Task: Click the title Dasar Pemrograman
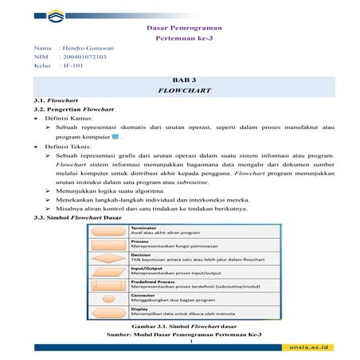[x=184, y=29]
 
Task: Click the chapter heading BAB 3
[x=184, y=82]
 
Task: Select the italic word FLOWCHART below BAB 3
[x=184, y=92]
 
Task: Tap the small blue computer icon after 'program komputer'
[x=115, y=137]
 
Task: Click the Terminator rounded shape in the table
[x=107, y=231]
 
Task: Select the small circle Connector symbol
[x=107, y=297]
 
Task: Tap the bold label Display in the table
[x=139, y=308]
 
